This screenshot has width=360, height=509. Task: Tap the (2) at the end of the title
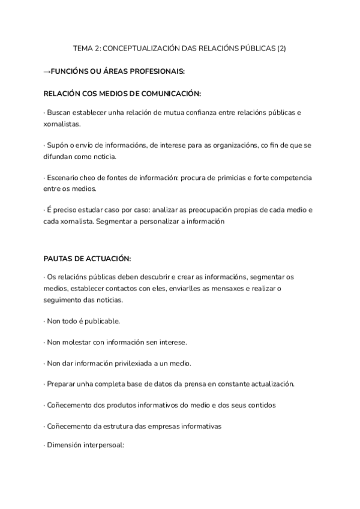(281, 49)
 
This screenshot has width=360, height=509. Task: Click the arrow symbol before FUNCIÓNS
(47, 71)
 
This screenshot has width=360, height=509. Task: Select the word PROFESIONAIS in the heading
(154, 71)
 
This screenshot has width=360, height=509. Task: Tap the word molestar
(76, 342)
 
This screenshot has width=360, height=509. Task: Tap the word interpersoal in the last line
(101, 447)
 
